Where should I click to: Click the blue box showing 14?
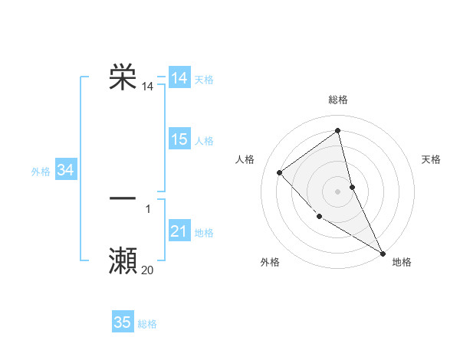[179, 78]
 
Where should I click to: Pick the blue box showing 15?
[179, 139]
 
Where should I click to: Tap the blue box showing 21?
[179, 231]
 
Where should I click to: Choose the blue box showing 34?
[66, 170]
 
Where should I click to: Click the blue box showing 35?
[123, 322]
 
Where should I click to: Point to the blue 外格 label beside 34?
[41, 172]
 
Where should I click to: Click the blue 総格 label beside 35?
[147, 324]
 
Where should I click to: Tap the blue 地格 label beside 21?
[204, 233]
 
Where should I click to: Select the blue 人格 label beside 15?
[204, 141]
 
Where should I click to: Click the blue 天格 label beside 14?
[204, 80]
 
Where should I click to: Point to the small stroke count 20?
[147, 270]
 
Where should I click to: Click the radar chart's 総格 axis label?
[338, 100]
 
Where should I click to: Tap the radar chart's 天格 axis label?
[432, 159]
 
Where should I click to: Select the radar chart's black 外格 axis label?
[270, 262]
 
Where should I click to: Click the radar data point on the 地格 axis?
[383, 252]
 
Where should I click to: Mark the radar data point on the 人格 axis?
[280, 172]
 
